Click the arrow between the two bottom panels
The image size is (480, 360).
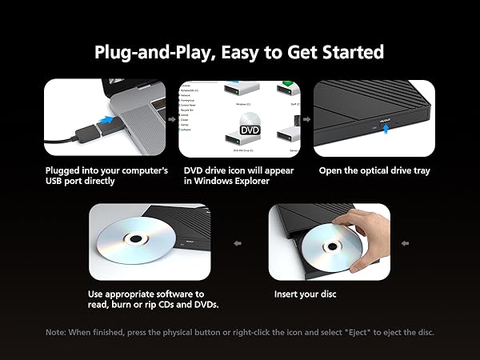[x=237, y=243]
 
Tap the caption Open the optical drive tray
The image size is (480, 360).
[x=370, y=170]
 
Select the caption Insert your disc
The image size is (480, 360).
[x=305, y=294]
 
